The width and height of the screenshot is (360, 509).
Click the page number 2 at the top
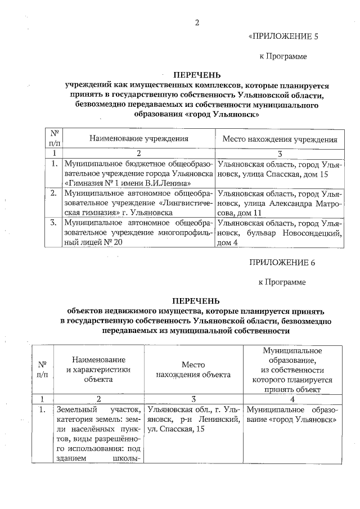pyautogui.click(x=197, y=23)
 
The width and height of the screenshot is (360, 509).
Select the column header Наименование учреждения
pyautogui.click(x=138, y=138)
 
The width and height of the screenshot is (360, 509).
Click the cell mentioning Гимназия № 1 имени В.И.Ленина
pyautogui.click(x=138, y=174)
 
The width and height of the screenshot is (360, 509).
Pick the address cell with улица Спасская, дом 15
pyautogui.click(x=280, y=169)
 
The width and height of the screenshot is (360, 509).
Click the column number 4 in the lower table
pyautogui.click(x=291, y=398)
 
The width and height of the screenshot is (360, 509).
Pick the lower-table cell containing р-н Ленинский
pyautogui.click(x=193, y=420)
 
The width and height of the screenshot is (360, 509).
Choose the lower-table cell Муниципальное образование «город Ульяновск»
pyautogui.click(x=291, y=415)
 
